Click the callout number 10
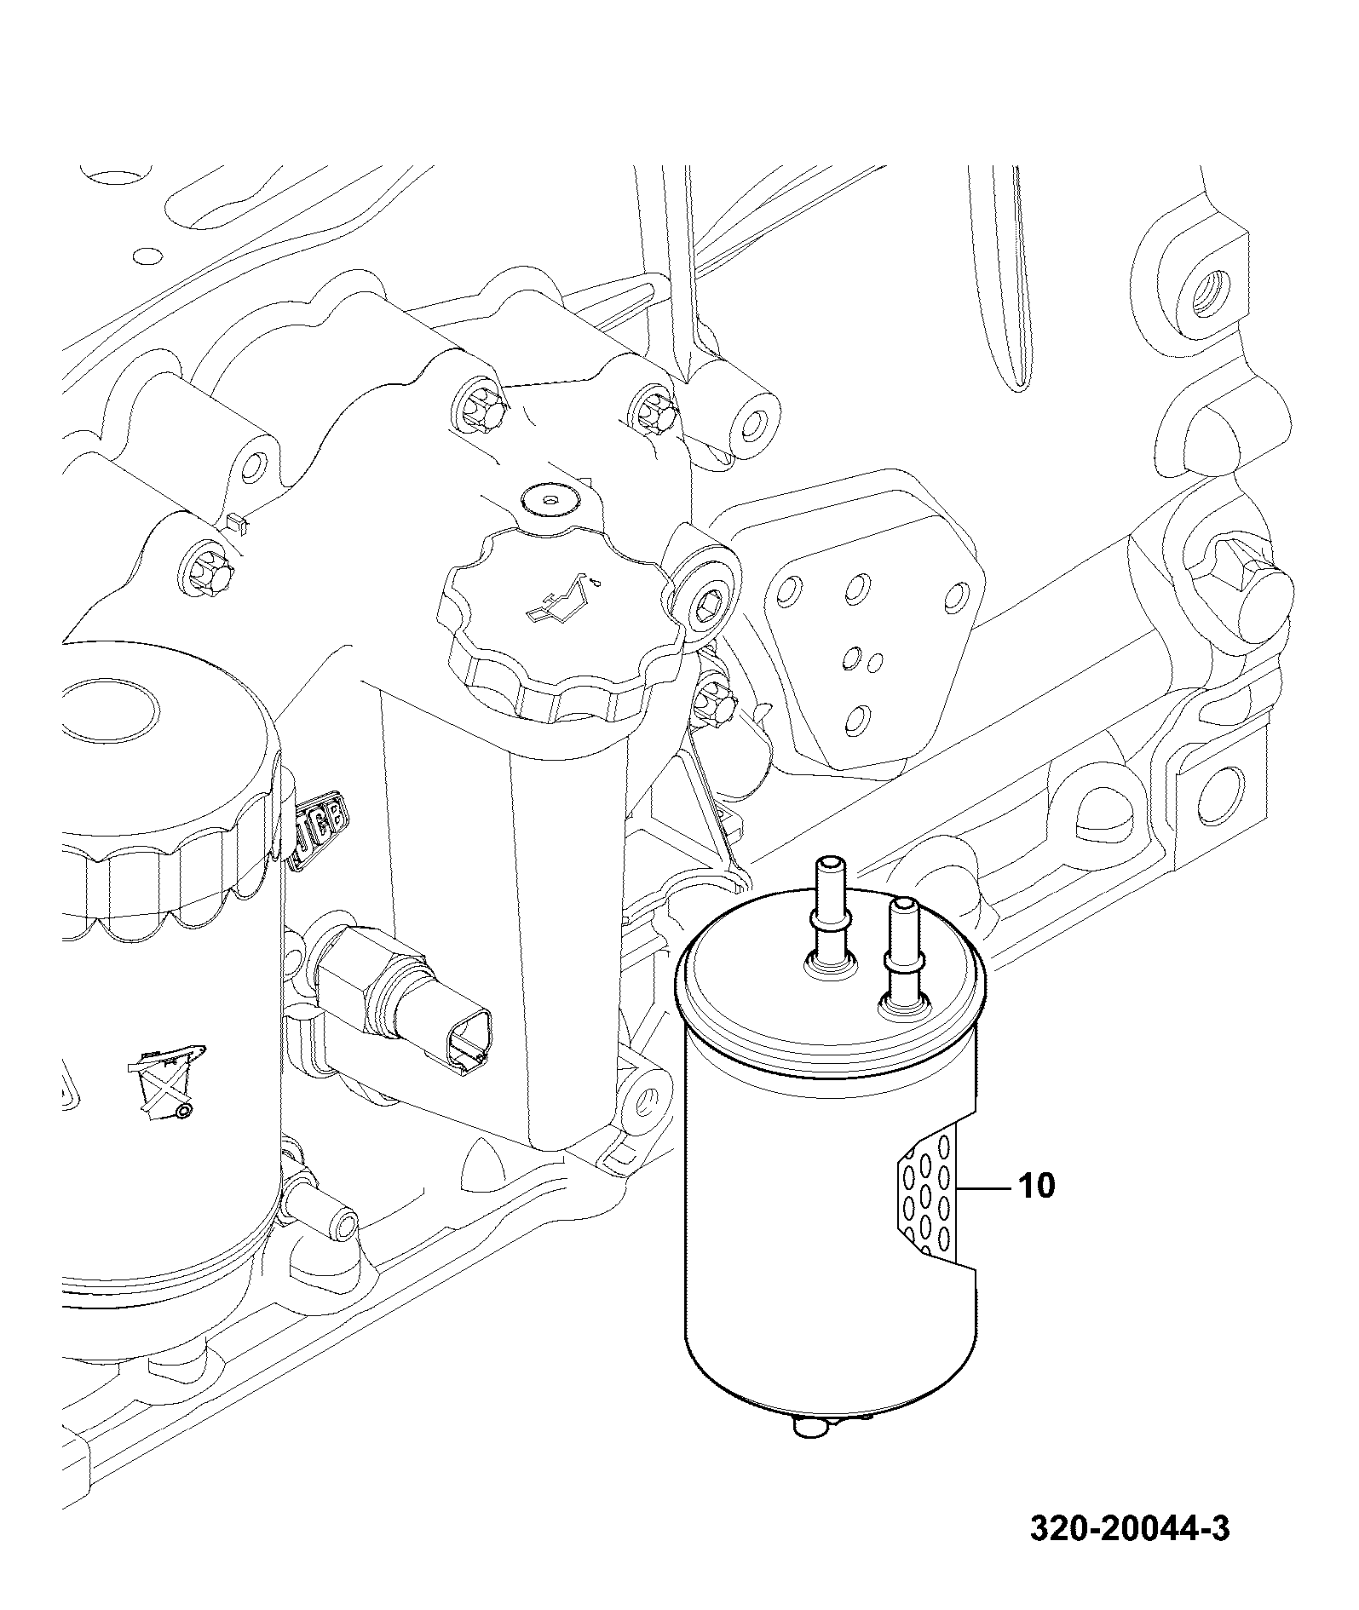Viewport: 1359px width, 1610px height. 1035,1185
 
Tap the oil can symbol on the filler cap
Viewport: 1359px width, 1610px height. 559,599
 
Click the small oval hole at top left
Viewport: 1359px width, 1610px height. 147,255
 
